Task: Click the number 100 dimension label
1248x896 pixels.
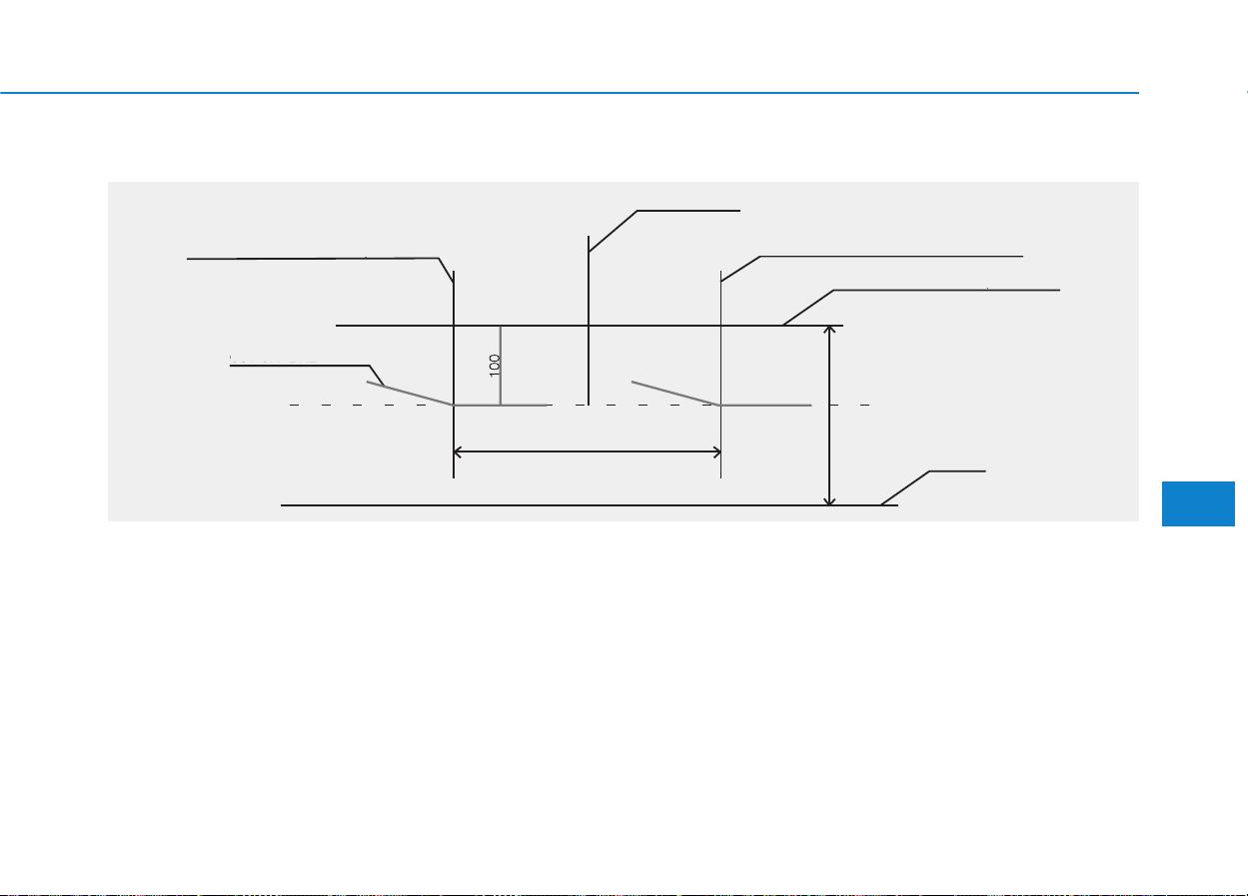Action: [x=495, y=366]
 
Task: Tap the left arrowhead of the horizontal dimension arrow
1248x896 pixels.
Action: [x=458, y=452]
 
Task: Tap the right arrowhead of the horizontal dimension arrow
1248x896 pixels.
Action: [x=716, y=452]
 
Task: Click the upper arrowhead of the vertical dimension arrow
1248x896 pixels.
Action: [x=829, y=330]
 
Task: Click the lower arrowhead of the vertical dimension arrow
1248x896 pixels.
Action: [x=829, y=501]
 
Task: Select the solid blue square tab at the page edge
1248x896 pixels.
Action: [x=1198, y=503]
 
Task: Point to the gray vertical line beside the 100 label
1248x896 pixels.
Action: [x=501, y=366]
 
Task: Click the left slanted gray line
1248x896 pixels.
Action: [x=410, y=394]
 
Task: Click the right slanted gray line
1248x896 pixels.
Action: [x=675, y=394]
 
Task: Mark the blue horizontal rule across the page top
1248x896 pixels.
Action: [x=570, y=93]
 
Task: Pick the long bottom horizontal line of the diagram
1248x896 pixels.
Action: [x=590, y=505]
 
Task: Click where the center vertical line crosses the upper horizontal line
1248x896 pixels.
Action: [x=589, y=326]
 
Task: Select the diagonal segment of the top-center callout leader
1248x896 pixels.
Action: [x=613, y=231]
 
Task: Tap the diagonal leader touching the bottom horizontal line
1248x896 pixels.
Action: [x=905, y=488]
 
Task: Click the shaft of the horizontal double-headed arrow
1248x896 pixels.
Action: [x=588, y=452]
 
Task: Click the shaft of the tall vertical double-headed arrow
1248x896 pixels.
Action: [x=829, y=416]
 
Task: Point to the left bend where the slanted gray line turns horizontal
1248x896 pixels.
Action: [x=454, y=406]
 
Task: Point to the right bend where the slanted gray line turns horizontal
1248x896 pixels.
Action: [x=721, y=406]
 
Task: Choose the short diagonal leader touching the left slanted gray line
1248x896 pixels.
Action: [x=377, y=376]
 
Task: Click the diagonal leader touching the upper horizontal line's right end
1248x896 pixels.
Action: [x=808, y=308]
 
